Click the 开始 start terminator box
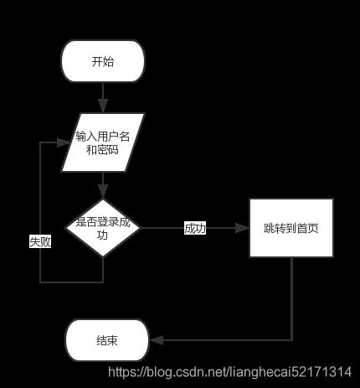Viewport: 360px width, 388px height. coord(103,61)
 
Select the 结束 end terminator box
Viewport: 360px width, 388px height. coord(107,340)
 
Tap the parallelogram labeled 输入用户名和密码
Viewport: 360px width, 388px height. coord(103,142)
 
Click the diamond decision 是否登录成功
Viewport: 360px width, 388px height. coord(103,228)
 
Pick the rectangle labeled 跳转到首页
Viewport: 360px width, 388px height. coord(291,228)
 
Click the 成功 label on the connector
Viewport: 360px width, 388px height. coord(195,228)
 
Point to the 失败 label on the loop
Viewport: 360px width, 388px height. coord(40,241)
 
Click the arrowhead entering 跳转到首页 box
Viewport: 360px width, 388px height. coord(242,228)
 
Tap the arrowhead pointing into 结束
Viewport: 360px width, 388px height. coord(157,340)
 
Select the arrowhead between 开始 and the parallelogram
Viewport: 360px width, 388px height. coord(103,106)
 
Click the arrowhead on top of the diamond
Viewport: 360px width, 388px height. coord(103,192)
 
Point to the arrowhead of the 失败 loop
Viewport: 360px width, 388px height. coord(63,142)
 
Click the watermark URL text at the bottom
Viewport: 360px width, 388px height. coord(229,372)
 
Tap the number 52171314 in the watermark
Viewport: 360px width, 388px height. coord(321,372)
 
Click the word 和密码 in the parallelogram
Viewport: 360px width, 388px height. coord(102,150)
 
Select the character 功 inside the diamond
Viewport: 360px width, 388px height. coord(102,235)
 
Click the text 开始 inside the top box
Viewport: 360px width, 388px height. coord(103,61)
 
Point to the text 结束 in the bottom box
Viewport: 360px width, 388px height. coord(107,340)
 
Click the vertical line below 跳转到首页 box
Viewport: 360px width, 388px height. coord(291,298)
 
